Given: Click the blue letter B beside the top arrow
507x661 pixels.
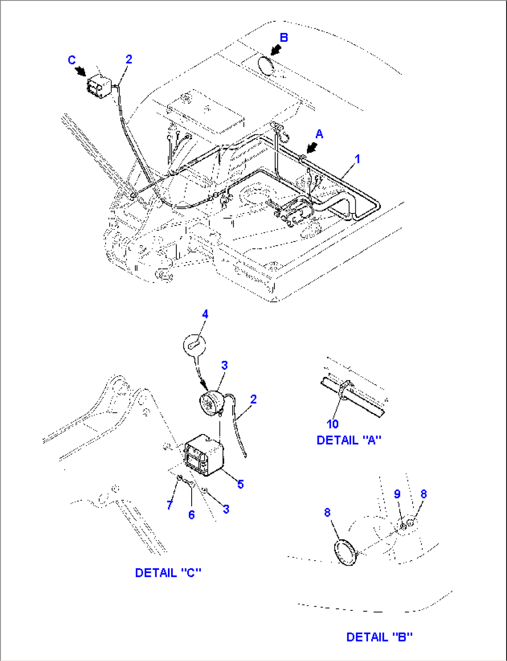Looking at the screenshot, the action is click(x=283, y=38).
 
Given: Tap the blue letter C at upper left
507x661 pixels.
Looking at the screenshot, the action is click(x=72, y=60).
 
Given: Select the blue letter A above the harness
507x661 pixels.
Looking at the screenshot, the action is click(x=319, y=134).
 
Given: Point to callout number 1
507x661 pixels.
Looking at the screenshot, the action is click(x=358, y=159).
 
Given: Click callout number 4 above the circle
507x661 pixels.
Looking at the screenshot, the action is click(x=205, y=314).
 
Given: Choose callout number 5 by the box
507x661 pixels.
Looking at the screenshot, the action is click(x=240, y=484).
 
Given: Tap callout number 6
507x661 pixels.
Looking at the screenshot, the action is click(x=191, y=514).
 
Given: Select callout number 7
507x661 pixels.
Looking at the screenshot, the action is click(x=170, y=505).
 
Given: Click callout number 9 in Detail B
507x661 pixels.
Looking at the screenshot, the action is click(x=397, y=494).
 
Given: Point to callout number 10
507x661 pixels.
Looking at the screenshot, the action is click(x=333, y=424).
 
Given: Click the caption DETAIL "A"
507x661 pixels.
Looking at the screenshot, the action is click(x=349, y=440).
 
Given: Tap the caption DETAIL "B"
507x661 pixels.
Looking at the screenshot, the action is click(x=379, y=637).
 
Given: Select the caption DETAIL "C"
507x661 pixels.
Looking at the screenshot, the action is click(x=168, y=573).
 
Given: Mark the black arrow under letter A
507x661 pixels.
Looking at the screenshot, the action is click(x=312, y=148).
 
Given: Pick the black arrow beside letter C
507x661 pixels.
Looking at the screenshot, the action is click(x=80, y=71).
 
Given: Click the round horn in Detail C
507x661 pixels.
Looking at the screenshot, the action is click(x=212, y=403).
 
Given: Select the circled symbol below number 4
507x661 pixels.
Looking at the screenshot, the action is click(x=194, y=345).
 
